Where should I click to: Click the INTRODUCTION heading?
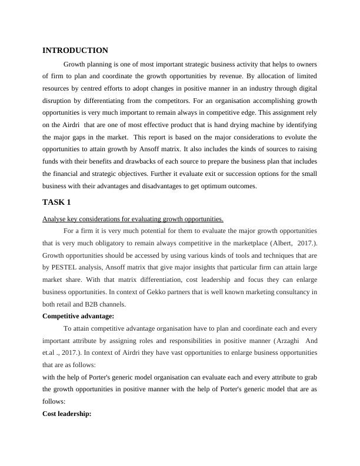[x=75, y=51]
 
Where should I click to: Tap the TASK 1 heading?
[x=56, y=202]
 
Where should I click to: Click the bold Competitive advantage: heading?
[x=78, y=316]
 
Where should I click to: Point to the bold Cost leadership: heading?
[x=67, y=414]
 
